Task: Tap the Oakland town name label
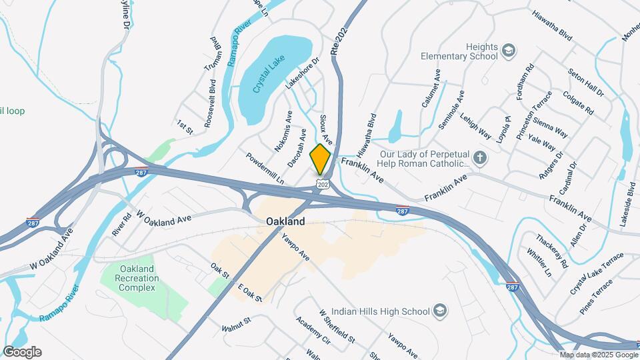[x=285, y=221]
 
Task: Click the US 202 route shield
[x=323, y=184]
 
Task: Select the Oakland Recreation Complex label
[x=137, y=278]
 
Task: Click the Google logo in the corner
[x=22, y=352]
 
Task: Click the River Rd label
[x=121, y=225]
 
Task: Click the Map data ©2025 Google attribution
[x=599, y=355]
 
